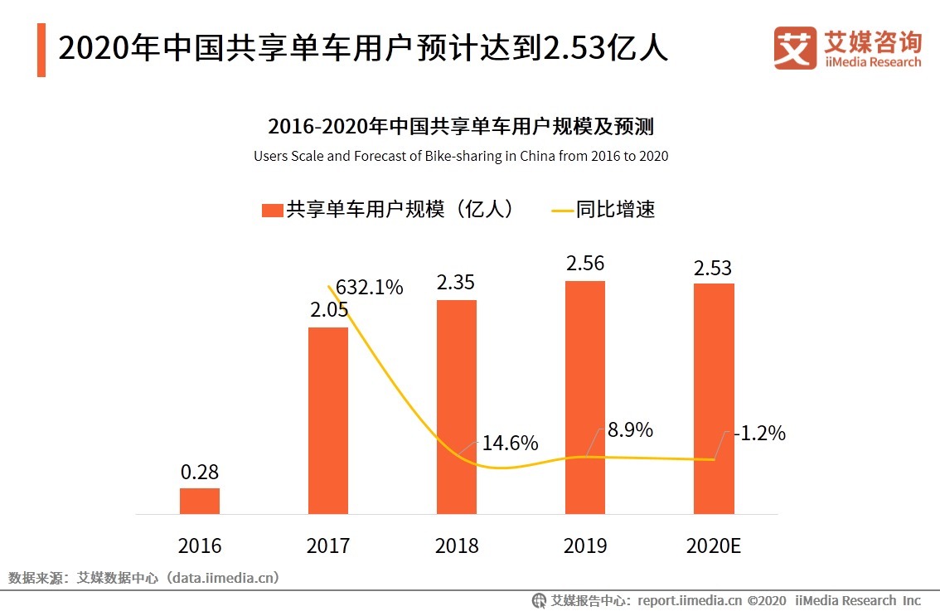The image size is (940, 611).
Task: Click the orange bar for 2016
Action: (x=200, y=501)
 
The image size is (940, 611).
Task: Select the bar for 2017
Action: (x=328, y=420)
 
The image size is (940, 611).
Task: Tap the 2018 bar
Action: (x=457, y=406)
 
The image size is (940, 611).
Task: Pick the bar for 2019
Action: (x=585, y=397)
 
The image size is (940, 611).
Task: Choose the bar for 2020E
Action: (x=714, y=399)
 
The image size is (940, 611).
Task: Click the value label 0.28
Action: (x=200, y=473)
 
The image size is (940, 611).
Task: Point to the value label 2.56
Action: (x=585, y=264)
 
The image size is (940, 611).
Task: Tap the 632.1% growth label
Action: (x=370, y=288)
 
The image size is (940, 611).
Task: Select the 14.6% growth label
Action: (x=510, y=442)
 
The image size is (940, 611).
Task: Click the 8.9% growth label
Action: (x=630, y=429)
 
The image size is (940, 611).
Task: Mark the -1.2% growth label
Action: (x=758, y=433)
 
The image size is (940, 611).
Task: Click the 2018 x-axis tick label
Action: (x=457, y=546)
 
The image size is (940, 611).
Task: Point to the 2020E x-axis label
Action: (x=714, y=546)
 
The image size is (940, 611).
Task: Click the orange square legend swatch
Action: (x=272, y=211)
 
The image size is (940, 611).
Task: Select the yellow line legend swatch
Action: (x=562, y=211)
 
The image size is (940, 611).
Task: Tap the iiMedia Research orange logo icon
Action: (x=794, y=48)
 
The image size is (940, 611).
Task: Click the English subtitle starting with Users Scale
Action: (x=461, y=156)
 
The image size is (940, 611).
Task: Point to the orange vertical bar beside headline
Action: (x=41, y=50)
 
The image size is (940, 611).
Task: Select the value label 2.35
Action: (x=457, y=283)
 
